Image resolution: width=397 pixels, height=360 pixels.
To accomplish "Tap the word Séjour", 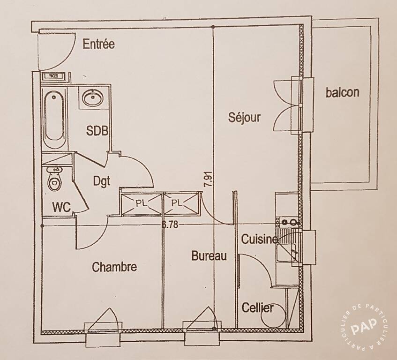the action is [x=244, y=117].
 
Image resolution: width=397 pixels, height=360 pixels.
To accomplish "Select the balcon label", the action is [x=342, y=92].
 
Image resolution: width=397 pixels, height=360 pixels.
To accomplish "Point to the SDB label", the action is [x=97, y=131].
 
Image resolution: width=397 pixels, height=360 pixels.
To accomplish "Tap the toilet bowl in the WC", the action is [x=55, y=179].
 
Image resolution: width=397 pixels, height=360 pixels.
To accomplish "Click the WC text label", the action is [x=61, y=207].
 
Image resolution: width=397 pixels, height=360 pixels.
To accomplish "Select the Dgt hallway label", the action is [x=102, y=181].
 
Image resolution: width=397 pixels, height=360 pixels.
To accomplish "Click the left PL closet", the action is [x=142, y=204].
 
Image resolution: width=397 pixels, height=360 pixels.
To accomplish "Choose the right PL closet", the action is [x=181, y=203].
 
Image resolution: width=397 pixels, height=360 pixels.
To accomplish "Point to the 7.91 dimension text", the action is [x=209, y=179].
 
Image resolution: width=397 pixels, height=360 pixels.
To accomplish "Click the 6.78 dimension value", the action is [x=170, y=225].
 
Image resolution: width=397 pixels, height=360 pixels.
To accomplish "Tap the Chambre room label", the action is [x=114, y=267].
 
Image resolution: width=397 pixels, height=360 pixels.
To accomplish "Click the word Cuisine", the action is [x=260, y=239].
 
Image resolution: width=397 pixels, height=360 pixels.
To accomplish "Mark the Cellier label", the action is [x=257, y=307].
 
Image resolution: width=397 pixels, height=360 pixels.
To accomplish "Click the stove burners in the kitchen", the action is [x=289, y=222].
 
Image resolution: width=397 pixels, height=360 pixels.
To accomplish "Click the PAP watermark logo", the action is [x=364, y=326].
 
